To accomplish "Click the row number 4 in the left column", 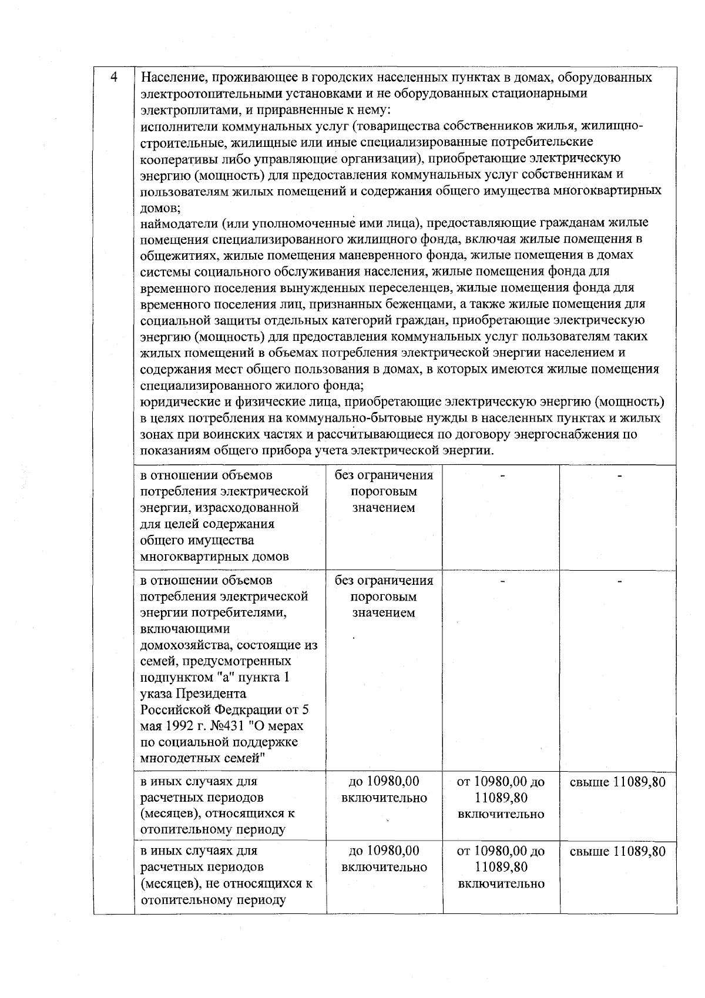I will coord(114,78).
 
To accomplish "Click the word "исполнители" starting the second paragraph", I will coord(175,126).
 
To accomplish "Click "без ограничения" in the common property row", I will coord(384,475).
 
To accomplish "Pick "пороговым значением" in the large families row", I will coord(384,605).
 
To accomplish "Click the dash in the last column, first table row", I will coord(619,475).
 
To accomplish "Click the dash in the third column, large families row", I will coord(502,581).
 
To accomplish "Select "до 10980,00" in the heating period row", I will coord(384,782).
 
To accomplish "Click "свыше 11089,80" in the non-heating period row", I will coord(618,851).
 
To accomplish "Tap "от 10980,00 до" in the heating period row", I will coord(501,782).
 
